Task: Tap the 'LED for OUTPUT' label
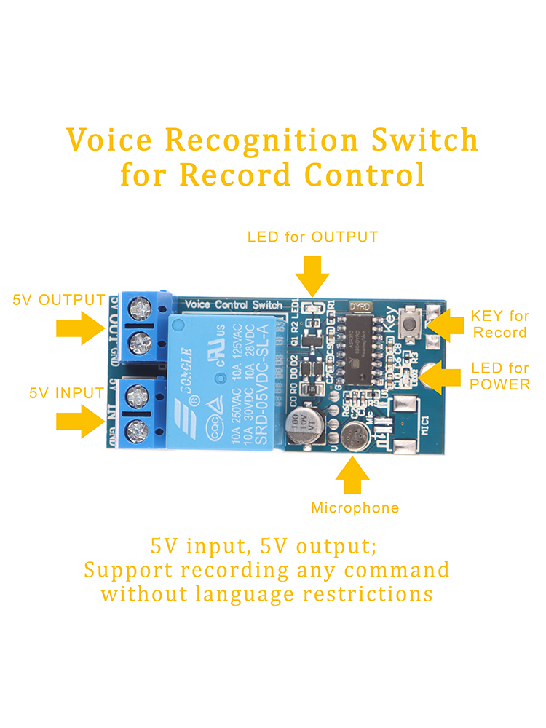pyautogui.click(x=312, y=237)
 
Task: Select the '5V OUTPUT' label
pyautogui.click(x=59, y=300)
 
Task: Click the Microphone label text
pyautogui.click(x=355, y=507)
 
